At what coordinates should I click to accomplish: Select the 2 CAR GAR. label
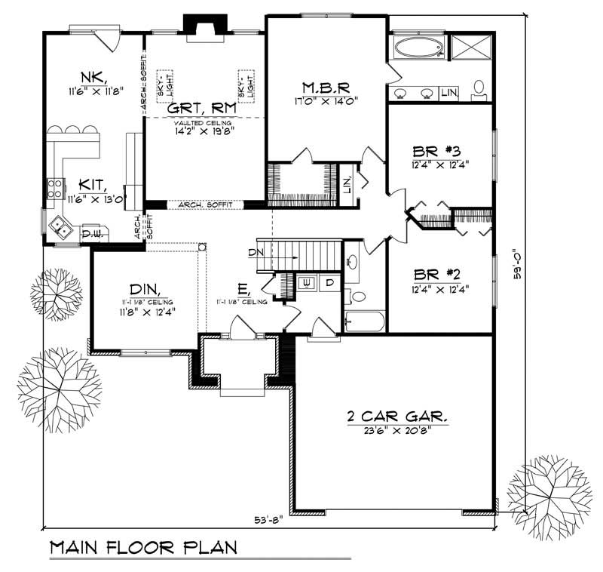click(x=394, y=415)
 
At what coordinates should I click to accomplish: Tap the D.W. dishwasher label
click(x=92, y=234)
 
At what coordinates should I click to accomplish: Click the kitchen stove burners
click(x=54, y=188)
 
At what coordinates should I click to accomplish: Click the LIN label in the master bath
click(x=449, y=92)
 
